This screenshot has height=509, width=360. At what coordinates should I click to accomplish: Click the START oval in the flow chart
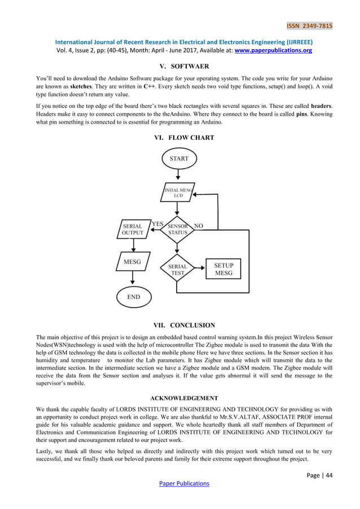pyautogui.click(x=179, y=159)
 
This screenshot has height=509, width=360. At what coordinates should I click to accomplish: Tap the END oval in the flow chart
pyautogui.click(x=133, y=297)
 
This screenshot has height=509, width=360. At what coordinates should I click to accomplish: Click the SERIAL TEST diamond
pyautogui.click(x=178, y=269)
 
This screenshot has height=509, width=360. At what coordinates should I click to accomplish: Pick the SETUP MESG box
pyautogui.click(x=223, y=269)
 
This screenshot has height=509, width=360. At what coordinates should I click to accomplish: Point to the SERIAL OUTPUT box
pyautogui.click(x=133, y=229)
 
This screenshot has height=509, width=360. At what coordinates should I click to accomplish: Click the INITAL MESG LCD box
pyautogui.click(x=178, y=192)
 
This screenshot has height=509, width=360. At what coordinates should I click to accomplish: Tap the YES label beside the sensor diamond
pyautogui.click(x=157, y=224)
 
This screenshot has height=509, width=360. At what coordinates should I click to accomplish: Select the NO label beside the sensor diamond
pyautogui.click(x=198, y=226)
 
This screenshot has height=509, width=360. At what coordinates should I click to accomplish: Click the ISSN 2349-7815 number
pyautogui.click(x=309, y=26)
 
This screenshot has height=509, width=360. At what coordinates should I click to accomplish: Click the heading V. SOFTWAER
pyautogui.click(x=181, y=67)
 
